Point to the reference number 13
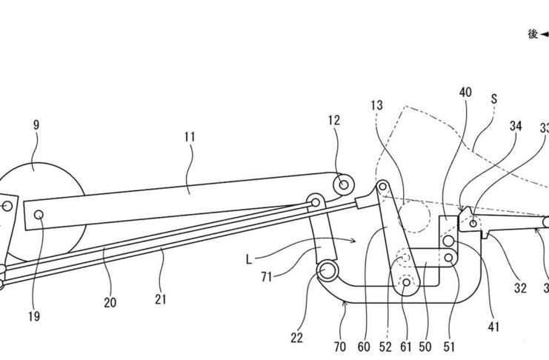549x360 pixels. pos(379,106)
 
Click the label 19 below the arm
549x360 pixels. pos(33,317)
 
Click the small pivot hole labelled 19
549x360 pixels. pos(39,213)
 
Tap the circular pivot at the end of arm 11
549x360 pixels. pos(342,182)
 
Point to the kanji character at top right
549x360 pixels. pos(532,34)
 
